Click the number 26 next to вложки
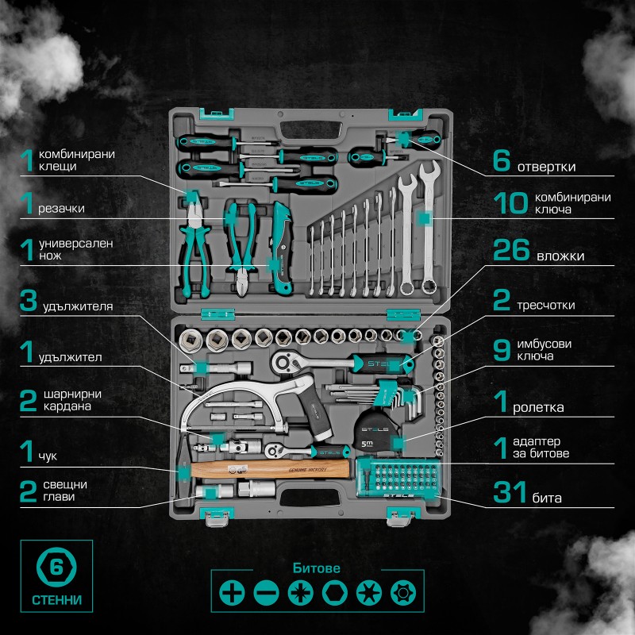511,250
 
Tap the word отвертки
546,167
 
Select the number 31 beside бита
510,491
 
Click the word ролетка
538,407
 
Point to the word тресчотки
545,305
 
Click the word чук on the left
48,456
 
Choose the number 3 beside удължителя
29,300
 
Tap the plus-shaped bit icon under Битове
232,593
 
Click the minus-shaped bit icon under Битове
266,593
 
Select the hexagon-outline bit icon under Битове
334,593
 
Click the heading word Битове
316,568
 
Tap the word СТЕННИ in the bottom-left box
56,599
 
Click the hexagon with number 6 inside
56,567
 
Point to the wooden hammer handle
269,469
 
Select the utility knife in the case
281,247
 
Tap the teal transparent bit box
398,478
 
